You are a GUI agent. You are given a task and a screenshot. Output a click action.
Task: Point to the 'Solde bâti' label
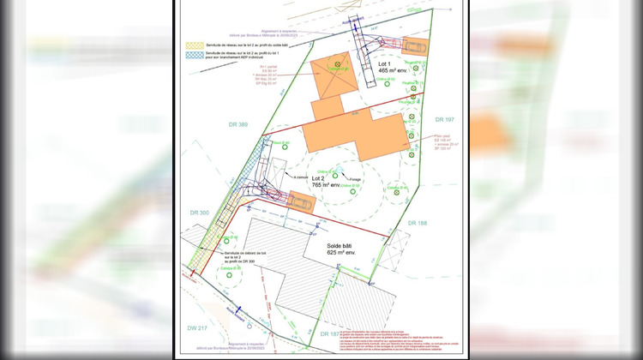340,246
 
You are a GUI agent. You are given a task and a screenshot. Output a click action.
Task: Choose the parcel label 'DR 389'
238,125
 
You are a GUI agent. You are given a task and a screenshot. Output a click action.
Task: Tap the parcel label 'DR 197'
443,119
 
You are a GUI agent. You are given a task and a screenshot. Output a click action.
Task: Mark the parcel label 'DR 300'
200,211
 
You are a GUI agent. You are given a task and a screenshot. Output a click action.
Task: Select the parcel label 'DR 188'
418,223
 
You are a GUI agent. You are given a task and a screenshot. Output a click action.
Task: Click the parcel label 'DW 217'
197,328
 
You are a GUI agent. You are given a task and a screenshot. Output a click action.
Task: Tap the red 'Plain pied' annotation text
442,135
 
